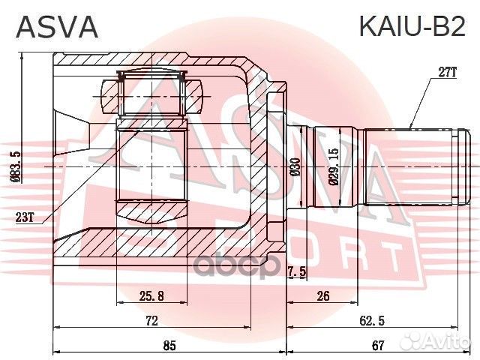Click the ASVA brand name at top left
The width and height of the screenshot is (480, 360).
click(57, 26)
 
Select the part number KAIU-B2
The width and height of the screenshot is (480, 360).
click(412, 26)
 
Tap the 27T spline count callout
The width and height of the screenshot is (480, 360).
click(447, 72)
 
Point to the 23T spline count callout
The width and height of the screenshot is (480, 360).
click(24, 218)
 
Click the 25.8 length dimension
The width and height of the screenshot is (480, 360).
click(152, 295)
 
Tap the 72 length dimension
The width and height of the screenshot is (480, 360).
click(151, 320)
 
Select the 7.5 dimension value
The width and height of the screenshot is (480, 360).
click(295, 271)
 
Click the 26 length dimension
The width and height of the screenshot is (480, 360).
click(323, 295)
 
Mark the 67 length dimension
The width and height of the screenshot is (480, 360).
click(378, 345)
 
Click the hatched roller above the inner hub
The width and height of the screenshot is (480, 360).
click(152, 97)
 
